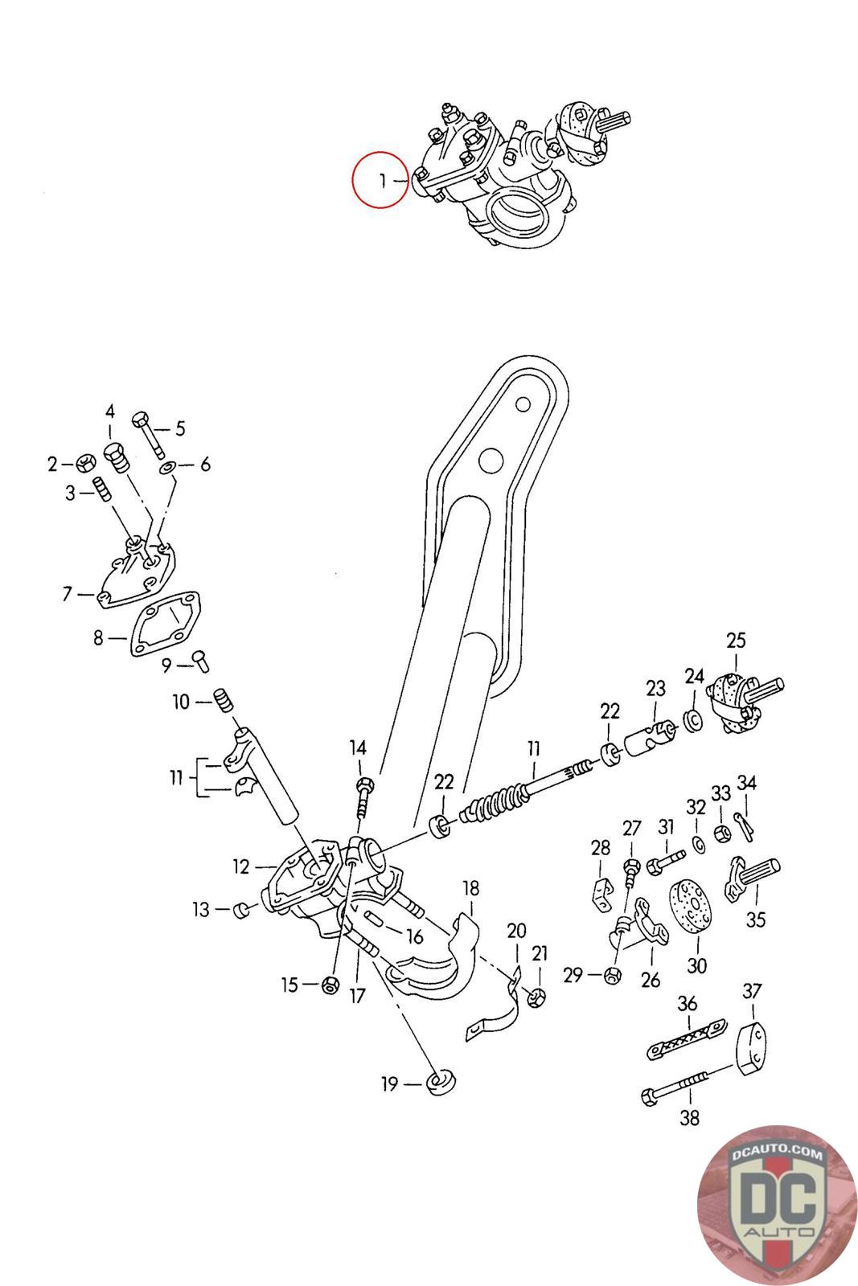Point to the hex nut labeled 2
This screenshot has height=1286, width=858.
click(85, 463)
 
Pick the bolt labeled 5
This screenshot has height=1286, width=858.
click(148, 435)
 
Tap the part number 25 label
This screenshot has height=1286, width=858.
click(736, 640)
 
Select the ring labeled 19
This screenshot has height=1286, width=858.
click(440, 1082)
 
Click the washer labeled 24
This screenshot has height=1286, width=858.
click(693, 720)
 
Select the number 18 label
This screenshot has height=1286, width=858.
click(470, 888)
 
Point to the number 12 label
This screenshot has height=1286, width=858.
click(241, 866)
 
